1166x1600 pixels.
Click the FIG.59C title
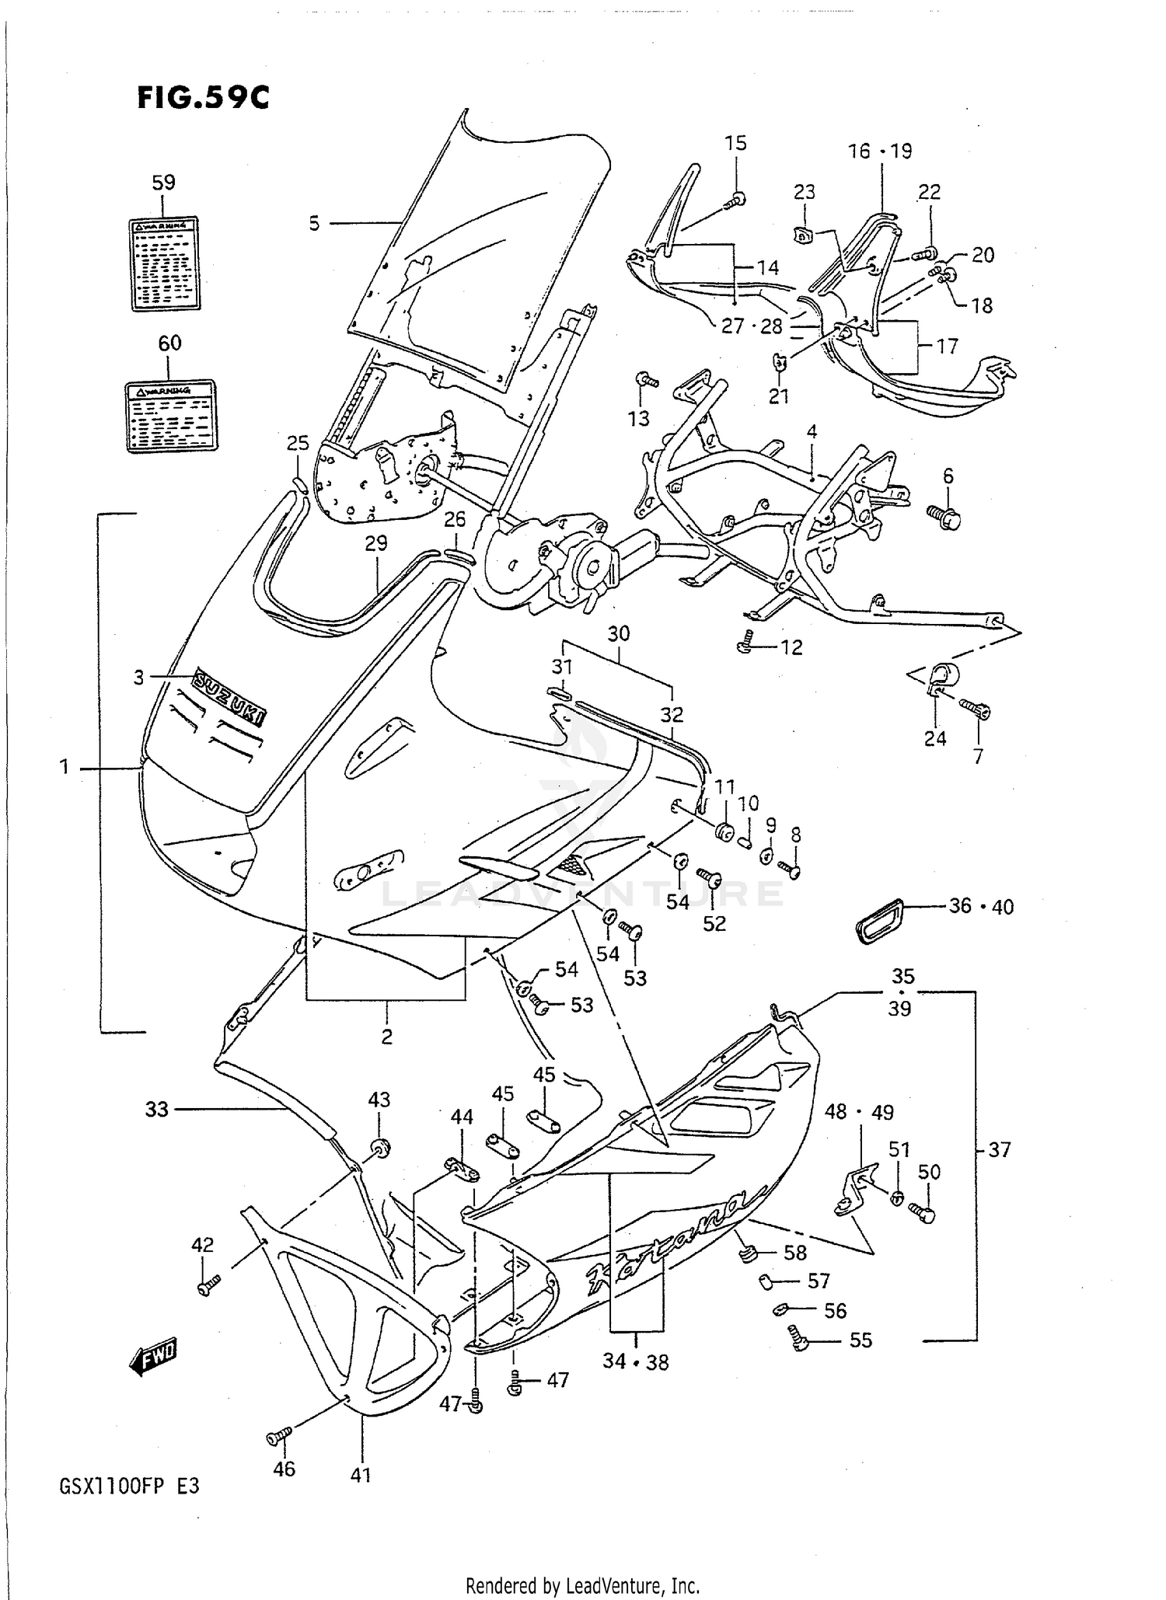(x=203, y=98)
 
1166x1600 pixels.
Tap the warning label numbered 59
(x=163, y=263)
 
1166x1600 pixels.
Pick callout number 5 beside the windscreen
(x=314, y=224)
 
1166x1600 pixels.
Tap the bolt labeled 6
(x=945, y=516)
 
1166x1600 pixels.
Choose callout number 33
(x=156, y=1109)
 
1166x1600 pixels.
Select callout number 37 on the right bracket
(x=1000, y=1149)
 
